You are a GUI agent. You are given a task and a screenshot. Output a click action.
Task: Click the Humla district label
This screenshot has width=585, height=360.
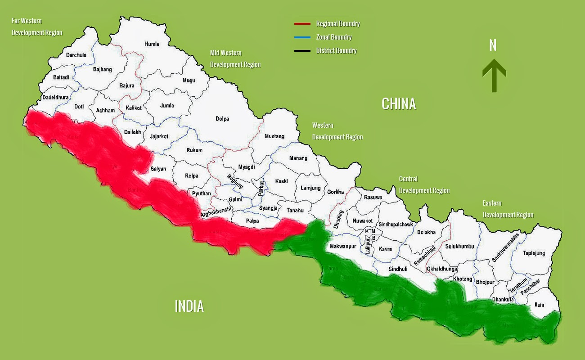[x=152, y=44]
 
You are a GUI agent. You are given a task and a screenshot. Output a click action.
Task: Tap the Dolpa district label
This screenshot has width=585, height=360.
[x=222, y=119]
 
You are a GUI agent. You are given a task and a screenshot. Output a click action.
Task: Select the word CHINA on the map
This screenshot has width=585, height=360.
[x=399, y=104]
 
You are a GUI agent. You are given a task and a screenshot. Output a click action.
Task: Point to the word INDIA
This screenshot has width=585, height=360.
[x=189, y=306]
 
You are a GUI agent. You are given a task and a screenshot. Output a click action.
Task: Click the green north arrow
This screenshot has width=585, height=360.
[x=494, y=75]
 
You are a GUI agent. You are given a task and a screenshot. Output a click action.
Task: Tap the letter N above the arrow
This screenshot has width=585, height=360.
[x=493, y=45]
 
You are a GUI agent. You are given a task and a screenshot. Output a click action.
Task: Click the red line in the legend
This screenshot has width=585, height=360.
[x=302, y=24]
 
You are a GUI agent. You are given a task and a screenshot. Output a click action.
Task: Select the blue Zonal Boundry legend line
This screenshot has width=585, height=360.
[x=302, y=37]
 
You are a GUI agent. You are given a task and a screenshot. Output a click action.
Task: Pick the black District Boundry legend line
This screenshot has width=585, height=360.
[x=302, y=51]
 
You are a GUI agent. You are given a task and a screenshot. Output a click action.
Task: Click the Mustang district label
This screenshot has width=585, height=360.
[x=274, y=136]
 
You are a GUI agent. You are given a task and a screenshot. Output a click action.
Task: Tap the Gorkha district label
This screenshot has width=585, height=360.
[x=336, y=192]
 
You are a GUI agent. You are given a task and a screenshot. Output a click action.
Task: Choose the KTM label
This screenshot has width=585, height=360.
[x=370, y=231]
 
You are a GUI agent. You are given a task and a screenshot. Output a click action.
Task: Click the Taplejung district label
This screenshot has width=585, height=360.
[x=534, y=253]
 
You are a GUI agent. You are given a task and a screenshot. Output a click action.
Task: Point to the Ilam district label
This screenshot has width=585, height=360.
[x=539, y=305]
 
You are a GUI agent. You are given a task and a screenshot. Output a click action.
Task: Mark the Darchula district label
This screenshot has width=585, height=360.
[x=76, y=55]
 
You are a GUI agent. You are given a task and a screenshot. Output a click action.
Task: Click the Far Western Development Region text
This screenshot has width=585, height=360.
[x=37, y=27]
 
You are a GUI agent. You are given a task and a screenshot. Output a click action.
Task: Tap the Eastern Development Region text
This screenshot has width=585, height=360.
[x=508, y=209]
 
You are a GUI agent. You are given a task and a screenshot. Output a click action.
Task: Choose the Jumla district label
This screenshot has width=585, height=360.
[x=167, y=106]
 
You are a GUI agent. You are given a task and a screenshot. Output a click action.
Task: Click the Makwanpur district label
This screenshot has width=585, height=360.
[x=343, y=247]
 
